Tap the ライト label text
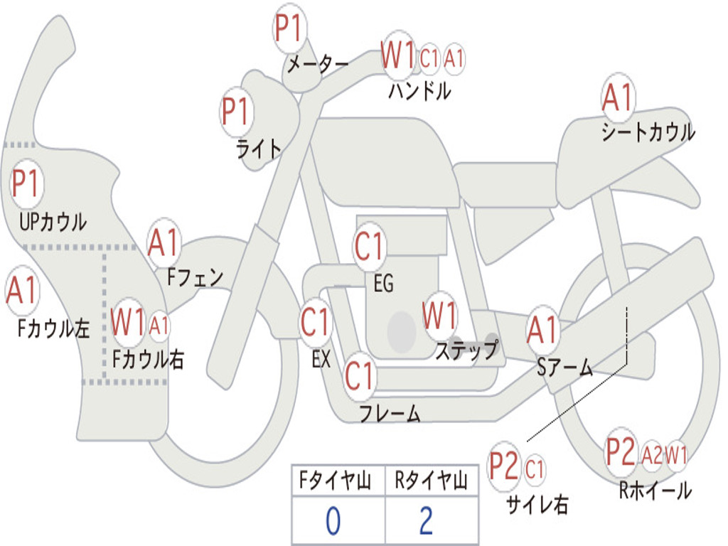[x=259, y=149]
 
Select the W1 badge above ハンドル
[x=398, y=55]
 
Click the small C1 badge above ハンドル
[x=429, y=58]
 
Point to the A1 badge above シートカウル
[x=618, y=99]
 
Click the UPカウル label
[x=53, y=222]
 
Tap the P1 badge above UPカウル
[x=28, y=185]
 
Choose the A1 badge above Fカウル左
[x=21, y=291]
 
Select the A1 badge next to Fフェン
[x=165, y=243]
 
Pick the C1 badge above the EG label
[x=370, y=247]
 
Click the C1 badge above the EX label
[x=316, y=323]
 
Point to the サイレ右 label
[x=537, y=505]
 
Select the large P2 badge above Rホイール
[x=621, y=452]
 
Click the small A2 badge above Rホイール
[x=651, y=455]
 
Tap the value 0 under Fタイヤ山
[x=333, y=521]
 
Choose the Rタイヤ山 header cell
[x=431, y=482]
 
